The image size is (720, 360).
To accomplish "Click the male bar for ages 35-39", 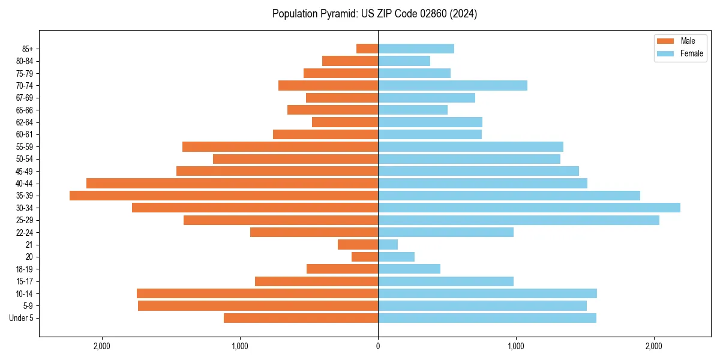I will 224,196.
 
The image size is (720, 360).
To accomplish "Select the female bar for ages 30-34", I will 529,208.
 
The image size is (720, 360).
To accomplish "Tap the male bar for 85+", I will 367,49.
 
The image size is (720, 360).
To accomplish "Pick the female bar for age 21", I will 388,245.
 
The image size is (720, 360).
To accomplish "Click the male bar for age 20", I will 365,257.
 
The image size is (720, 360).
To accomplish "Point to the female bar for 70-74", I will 452,86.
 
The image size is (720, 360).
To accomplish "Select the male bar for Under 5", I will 301,318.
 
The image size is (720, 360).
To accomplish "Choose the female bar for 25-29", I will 518,220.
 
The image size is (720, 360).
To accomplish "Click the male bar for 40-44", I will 232,184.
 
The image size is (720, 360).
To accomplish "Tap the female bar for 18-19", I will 409,269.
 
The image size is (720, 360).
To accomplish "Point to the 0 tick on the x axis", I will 378,346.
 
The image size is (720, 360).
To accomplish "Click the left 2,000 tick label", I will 102,346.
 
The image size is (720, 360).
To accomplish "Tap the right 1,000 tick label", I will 515,346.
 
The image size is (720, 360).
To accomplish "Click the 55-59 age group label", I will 25,147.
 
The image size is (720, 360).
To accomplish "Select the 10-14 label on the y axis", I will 25,293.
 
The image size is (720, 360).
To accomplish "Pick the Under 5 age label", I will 21,318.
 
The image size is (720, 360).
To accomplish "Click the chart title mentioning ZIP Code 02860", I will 374,14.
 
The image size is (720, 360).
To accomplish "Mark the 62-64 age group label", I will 25,122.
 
